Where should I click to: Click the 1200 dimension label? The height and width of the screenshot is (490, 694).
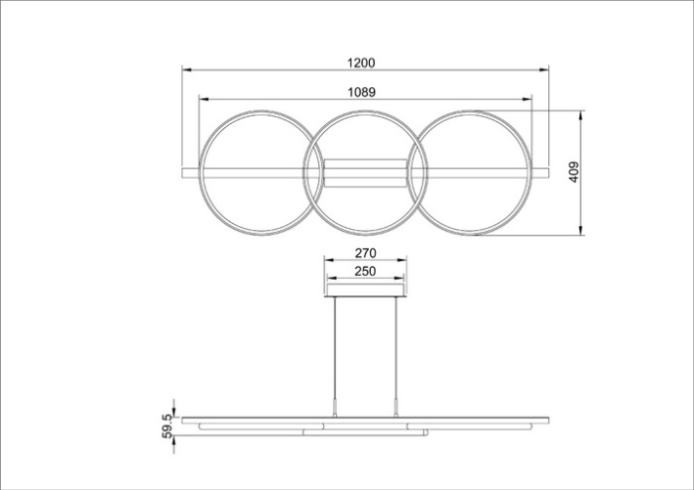coord(361,63)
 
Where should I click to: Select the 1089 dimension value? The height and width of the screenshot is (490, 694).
coord(361,92)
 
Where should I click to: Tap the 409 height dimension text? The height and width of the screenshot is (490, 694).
coord(574,172)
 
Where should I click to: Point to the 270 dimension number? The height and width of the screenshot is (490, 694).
coord(365,253)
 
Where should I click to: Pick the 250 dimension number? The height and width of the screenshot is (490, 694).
coord(365,272)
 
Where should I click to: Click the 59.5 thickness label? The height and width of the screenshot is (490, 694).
coord(168,427)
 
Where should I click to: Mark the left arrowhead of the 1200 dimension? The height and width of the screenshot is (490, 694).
coord(186,70)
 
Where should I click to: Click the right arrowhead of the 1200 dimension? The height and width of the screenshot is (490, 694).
coord(544,70)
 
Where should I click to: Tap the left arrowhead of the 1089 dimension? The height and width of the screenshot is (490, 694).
coord(203,99)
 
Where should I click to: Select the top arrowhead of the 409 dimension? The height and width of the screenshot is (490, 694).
coord(581,115)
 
